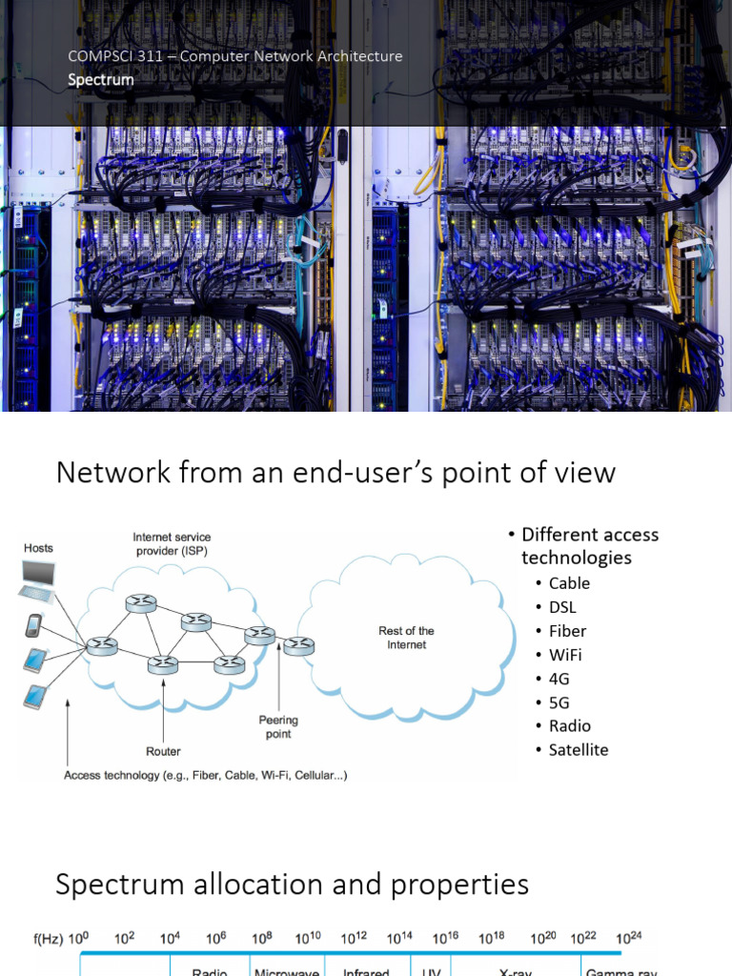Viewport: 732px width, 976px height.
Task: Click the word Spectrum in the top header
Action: [100, 80]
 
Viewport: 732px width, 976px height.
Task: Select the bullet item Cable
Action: [569, 583]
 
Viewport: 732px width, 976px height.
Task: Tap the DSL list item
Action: [562, 607]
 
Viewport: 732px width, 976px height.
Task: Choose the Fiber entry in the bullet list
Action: [567, 631]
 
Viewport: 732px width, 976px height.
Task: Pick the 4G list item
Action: [559, 679]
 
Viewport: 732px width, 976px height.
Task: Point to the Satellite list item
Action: [578, 750]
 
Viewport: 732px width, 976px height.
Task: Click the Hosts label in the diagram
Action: [39, 548]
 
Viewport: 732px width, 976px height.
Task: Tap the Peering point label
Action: [278, 727]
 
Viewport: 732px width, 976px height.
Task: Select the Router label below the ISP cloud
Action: [164, 751]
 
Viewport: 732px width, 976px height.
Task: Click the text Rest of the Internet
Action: [407, 638]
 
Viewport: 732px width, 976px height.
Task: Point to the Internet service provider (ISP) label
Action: [172, 544]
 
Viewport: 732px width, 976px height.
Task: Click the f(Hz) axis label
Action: [48, 939]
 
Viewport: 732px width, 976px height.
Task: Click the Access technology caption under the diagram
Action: [205, 776]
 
